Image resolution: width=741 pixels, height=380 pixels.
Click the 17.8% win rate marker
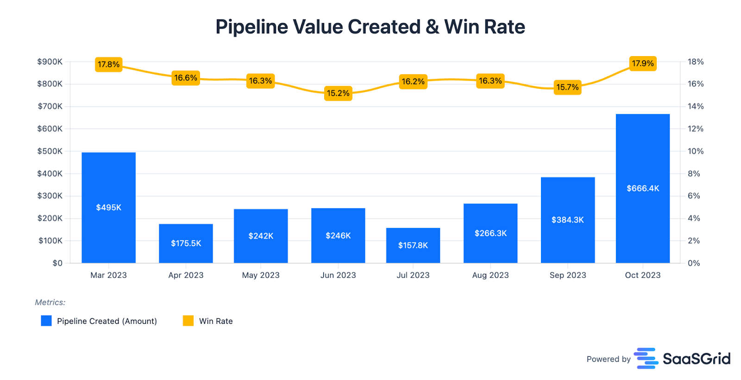coord(108,64)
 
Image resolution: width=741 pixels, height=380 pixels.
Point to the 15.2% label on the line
coord(338,93)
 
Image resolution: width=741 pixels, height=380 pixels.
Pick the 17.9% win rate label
coord(643,63)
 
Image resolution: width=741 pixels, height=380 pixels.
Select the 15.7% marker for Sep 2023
coord(567,87)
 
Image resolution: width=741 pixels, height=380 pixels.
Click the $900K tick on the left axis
coord(50,62)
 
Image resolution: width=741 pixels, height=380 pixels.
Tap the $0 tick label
coord(57,263)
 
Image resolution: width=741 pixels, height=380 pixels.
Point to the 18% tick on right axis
coord(695,62)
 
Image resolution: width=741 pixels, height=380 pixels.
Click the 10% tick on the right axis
coord(695,151)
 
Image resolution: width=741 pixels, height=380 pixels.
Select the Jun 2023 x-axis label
coord(338,275)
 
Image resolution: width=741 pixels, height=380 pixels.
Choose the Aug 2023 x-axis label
coord(490,275)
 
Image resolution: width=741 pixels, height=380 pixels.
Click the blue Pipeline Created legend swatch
coord(46,321)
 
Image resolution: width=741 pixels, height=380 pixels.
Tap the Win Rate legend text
coord(216,321)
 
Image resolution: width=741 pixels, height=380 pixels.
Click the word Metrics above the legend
coord(50,302)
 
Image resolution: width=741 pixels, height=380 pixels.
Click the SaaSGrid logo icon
coord(646,358)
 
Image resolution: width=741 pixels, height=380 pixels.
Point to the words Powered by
coord(609,359)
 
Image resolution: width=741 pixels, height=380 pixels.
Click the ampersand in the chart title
coord(432,27)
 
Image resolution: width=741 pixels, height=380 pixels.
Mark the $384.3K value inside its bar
coord(567,220)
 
